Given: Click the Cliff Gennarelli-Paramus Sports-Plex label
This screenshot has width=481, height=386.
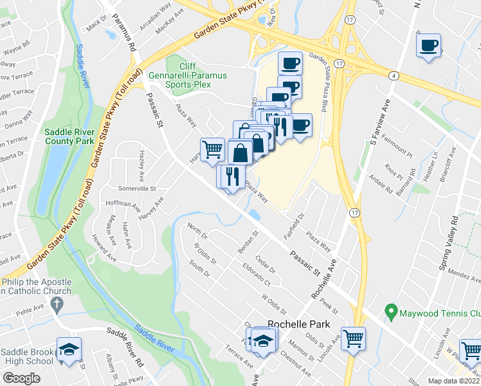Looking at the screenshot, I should coord(187,74).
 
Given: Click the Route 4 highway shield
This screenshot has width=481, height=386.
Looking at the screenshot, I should coord(391,76).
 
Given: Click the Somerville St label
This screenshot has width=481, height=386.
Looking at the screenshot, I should coord(138,188).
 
